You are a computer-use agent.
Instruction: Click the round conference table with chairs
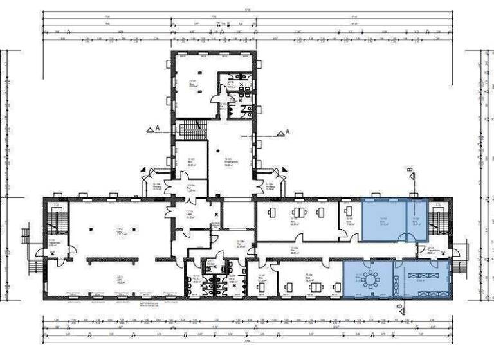[x=372, y=280]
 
